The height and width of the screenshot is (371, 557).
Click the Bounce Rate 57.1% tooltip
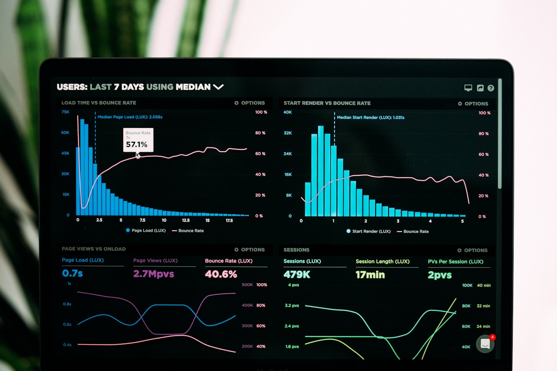click(138, 140)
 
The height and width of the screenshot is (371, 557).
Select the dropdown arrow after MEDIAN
click(218, 87)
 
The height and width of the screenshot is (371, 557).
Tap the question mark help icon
click(491, 88)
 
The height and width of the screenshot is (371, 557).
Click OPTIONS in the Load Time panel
click(249, 103)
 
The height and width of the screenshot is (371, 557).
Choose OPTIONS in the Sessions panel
click(473, 250)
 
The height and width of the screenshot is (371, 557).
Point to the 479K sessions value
click(297, 274)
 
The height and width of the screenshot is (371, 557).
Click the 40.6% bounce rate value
click(221, 274)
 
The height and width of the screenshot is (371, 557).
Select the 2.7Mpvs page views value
click(154, 274)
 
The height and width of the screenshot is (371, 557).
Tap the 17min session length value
click(370, 274)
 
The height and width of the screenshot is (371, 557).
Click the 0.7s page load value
click(72, 273)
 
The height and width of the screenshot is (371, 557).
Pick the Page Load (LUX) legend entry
click(146, 231)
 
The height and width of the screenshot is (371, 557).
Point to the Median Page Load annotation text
click(130, 117)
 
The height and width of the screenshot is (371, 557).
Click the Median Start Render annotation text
click(370, 117)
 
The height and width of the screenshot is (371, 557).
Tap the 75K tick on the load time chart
click(65, 112)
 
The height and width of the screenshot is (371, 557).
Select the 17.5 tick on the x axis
click(229, 221)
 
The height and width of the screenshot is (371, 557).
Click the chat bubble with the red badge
click(485, 344)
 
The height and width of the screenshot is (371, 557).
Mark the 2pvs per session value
click(440, 275)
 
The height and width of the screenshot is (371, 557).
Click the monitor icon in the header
click(468, 88)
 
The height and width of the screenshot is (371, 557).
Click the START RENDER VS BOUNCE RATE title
click(327, 103)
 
